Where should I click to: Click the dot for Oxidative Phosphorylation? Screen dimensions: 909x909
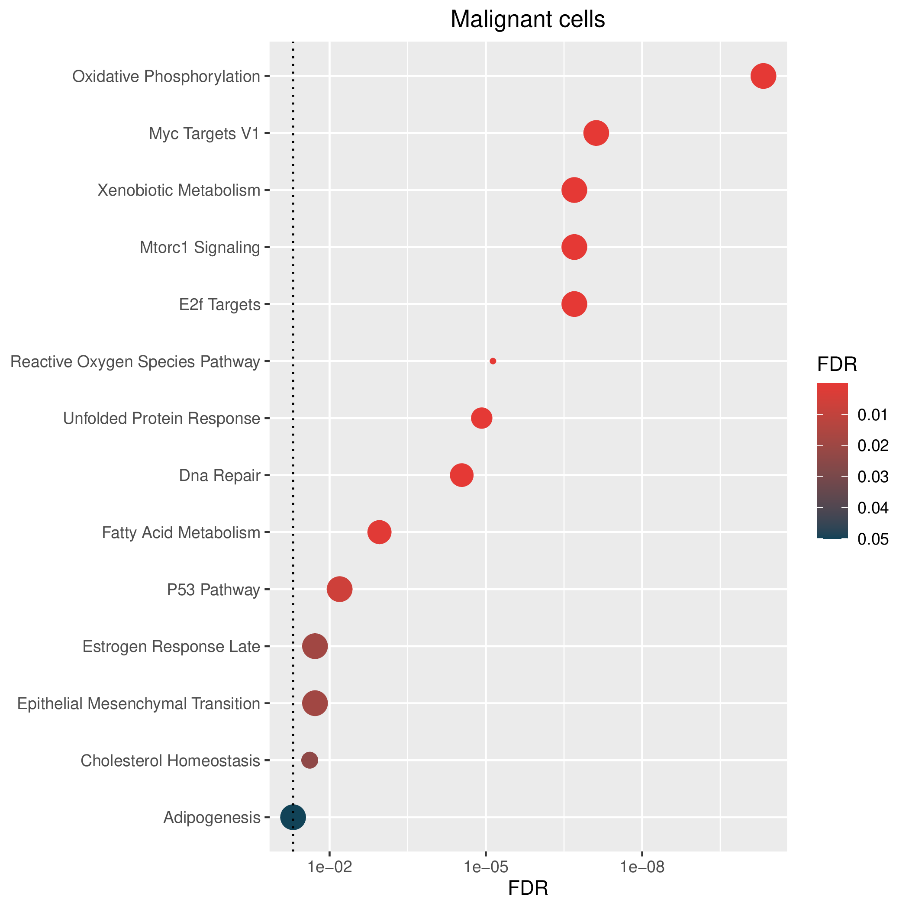pos(763,76)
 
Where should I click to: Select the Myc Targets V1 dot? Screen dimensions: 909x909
pos(596,133)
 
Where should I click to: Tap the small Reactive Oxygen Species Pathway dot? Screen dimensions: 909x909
pos(493,361)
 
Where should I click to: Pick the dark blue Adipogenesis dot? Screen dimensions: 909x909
pos(293,817)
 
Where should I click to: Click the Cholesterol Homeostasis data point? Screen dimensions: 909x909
pos(309,760)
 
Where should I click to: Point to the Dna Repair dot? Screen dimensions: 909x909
pos(461,475)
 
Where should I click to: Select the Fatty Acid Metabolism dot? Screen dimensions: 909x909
pos(379,532)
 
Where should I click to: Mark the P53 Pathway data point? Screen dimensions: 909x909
pos(339,589)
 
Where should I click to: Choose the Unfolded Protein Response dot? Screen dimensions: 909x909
pos(481,418)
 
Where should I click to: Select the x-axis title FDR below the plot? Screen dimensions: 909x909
pos(528,888)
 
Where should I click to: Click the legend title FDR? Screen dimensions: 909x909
pos(837,364)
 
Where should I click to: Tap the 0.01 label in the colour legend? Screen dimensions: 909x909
pos(873,415)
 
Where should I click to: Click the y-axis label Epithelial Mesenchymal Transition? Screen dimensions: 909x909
pos(139,704)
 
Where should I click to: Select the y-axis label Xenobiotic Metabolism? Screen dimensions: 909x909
pos(179,190)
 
